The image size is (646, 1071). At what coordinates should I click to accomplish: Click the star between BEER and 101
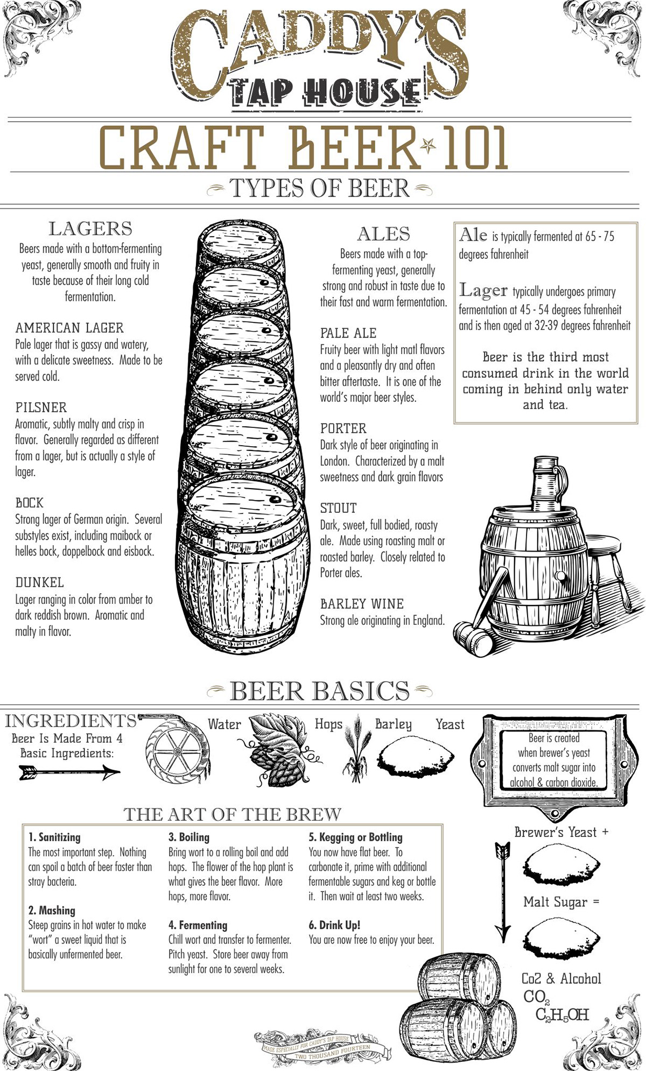pyautogui.click(x=429, y=145)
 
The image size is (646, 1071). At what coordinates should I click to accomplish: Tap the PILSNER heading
pyautogui.click(x=41, y=407)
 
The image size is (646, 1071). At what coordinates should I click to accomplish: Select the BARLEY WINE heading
pyautogui.click(x=362, y=604)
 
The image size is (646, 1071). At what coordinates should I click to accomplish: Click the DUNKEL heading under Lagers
pyautogui.click(x=39, y=582)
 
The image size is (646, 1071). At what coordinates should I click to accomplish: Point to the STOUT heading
pyautogui.click(x=338, y=508)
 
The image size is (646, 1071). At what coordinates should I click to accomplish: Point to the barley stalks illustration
pyautogui.click(x=355, y=748)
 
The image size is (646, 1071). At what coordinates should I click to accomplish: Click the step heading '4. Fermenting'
pyautogui.click(x=198, y=925)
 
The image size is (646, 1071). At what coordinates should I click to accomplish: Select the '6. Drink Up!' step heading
pyautogui.click(x=334, y=925)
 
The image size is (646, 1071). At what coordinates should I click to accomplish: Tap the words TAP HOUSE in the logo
pyautogui.click(x=326, y=93)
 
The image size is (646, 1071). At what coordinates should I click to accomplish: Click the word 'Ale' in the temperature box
pyautogui.click(x=473, y=235)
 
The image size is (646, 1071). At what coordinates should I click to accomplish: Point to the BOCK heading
pyautogui.click(x=29, y=503)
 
